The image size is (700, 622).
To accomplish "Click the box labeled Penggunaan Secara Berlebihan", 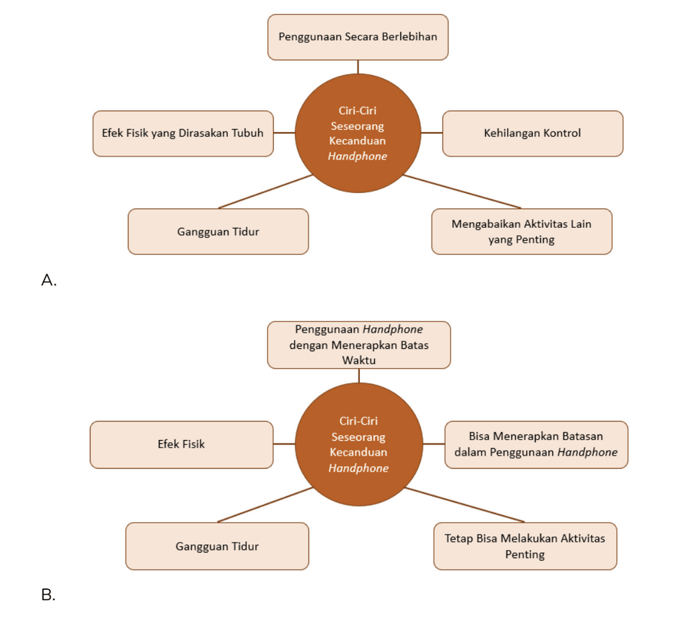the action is coord(358,37).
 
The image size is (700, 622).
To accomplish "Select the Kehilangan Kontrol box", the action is coord(532,133).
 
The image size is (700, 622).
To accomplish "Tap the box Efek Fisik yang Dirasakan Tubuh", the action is coord(183,133).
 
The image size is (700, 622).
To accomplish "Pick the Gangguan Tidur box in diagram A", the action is coord(218,231).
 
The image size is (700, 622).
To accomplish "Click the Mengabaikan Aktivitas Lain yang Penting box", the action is coord(522,231).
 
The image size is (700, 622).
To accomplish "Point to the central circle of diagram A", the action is coord(358,133).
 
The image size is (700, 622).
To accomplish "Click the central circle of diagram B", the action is coord(359,444).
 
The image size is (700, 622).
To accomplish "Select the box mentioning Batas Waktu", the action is coord(359,345).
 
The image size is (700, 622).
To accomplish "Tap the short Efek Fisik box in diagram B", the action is coord(182,445).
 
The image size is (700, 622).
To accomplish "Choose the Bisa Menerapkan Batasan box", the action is coord(536,445).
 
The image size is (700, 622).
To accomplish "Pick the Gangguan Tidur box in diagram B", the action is coord(218,546).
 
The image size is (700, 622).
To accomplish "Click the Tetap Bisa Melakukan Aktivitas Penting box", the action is coord(526,546).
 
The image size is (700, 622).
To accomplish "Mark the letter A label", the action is coord(49,280).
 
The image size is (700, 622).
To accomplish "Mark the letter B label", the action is coord(48,595).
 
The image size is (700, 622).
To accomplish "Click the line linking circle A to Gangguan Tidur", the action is coord(265,192).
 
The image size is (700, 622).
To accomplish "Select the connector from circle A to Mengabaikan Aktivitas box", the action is coord(462,192).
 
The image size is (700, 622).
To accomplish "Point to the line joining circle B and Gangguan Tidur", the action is coord(265,504).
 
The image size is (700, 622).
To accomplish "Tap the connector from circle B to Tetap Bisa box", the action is coord(465,504).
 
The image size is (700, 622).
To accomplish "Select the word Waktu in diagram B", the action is coord(359,360).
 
